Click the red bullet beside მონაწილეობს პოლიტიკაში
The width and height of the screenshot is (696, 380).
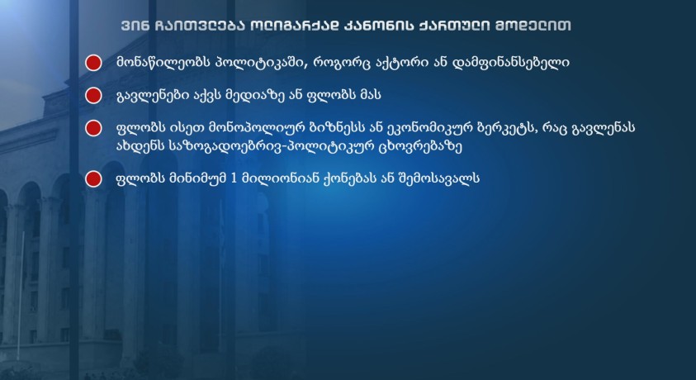click(93, 63)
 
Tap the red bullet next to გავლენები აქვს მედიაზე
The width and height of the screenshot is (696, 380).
click(93, 95)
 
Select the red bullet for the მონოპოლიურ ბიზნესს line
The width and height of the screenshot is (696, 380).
click(93, 129)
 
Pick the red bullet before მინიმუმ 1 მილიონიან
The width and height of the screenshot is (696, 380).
click(93, 178)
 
